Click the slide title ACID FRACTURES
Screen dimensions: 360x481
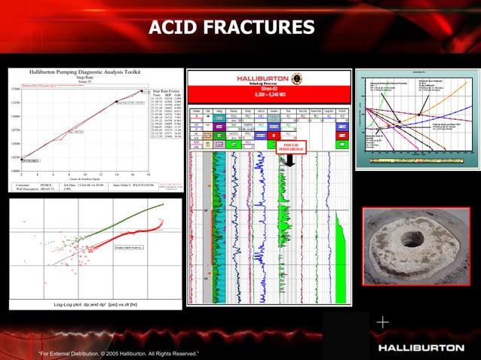point(231,28)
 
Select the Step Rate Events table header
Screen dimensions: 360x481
point(166,90)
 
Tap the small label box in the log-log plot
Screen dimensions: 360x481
point(128,246)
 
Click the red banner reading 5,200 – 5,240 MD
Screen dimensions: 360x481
point(269,96)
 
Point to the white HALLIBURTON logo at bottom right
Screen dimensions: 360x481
point(421,348)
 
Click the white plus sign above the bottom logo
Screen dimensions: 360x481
point(383,322)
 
